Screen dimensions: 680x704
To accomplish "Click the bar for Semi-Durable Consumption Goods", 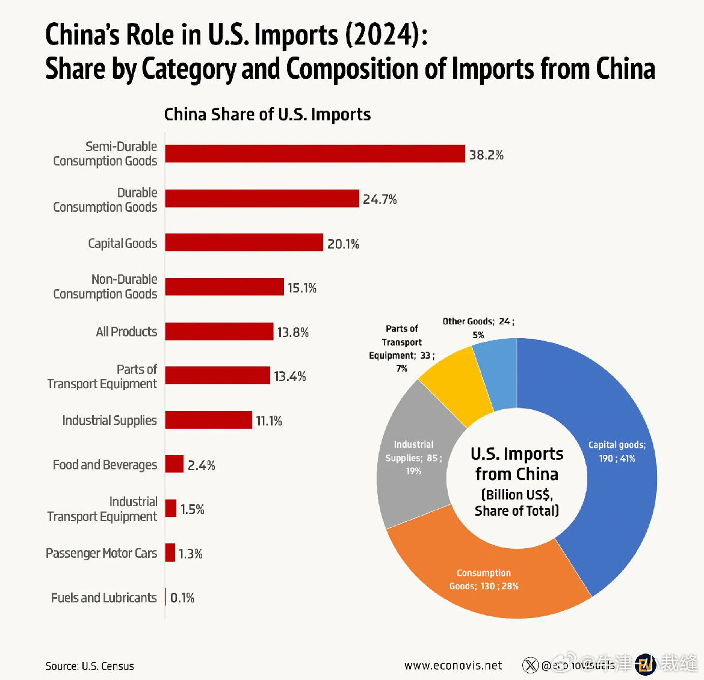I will [315, 154].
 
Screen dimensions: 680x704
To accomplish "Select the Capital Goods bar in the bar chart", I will [244, 243].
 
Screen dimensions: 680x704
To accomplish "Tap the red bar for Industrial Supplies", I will [208, 420].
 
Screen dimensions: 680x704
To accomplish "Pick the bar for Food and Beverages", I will [174, 464].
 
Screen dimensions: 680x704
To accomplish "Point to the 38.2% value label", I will [486, 155].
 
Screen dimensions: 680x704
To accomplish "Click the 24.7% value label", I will [380, 200].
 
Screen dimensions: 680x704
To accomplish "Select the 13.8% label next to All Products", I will [293, 332].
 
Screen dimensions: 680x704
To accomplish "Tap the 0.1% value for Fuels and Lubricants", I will [182, 598].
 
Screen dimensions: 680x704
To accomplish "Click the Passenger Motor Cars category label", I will [101, 553].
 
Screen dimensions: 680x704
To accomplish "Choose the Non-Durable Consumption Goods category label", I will [105, 286].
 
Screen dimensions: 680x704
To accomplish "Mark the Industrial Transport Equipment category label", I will [102, 509].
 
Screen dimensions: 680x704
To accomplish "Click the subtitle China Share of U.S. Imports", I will [267, 114].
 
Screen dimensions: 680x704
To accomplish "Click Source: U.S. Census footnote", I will [90, 666].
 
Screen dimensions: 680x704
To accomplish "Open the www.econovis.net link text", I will [453, 666].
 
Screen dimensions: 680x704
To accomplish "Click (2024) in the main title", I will [381, 35].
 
